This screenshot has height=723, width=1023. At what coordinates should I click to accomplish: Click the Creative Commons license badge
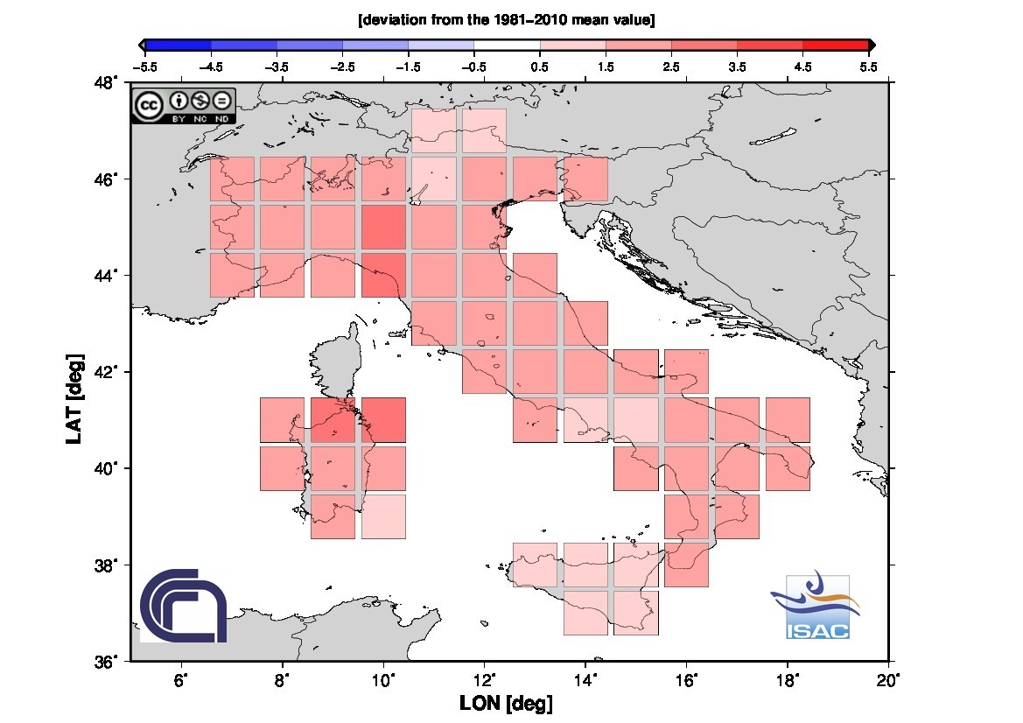pyautogui.click(x=183, y=105)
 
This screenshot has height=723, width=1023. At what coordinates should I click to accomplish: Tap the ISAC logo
pyautogui.click(x=816, y=607)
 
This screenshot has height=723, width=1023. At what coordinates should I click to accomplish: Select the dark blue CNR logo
pyautogui.click(x=184, y=605)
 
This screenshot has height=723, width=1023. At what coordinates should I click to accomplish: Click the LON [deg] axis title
pyautogui.click(x=506, y=703)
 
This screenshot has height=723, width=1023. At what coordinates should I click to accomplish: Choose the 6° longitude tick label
pyautogui.click(x=182, y=679)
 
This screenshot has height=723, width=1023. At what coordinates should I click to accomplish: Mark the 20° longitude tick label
pyautogui.click(x=888, y=679)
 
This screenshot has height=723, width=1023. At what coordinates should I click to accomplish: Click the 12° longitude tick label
pyautogui.click(x=485, y=679)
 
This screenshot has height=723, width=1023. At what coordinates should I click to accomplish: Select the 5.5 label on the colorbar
pyautogui.click(x=868, y=66)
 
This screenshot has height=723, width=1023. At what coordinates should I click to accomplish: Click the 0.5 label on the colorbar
pyautogui.click(x=540, y=66)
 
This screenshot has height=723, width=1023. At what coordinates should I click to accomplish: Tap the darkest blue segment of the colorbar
pyautogui.click(x=179, y=45)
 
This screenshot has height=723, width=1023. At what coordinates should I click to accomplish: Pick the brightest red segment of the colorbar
pyautogui.click(x=835, y=45)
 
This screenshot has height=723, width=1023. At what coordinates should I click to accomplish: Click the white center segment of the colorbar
pyautogui.click(x=507, y=45)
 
